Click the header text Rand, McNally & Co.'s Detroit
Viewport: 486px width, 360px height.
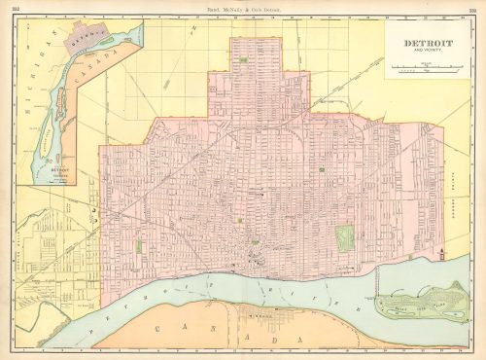tap(243, 9)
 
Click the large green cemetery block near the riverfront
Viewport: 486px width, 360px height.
tap(344, 236)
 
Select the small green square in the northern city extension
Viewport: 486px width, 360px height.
tap(241, 60)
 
